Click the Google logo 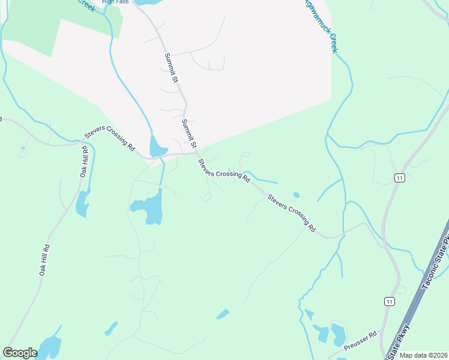pos(20,353)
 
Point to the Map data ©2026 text pos(424,355)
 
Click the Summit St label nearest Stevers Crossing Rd pos(189,134)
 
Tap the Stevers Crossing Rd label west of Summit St pos(110,138)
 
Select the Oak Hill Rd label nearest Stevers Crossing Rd pos(83,161)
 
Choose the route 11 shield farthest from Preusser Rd pos(399,178)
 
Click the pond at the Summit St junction pos(157,146)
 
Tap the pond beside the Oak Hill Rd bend pos(82,204)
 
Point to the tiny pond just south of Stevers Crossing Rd pos(296,194)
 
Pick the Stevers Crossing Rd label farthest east pos(292,212)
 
